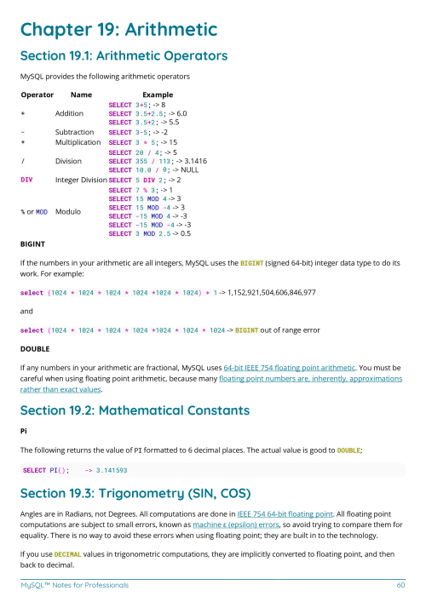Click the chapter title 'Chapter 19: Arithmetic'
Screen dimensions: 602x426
(118, 30)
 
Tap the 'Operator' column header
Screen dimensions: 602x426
(37, 95)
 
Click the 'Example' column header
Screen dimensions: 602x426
(158, 95)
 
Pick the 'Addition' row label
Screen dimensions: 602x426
(69, 113)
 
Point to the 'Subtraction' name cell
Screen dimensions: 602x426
(74, 133)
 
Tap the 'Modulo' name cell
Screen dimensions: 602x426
(68, 209)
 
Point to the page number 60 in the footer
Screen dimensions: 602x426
(400, 585)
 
